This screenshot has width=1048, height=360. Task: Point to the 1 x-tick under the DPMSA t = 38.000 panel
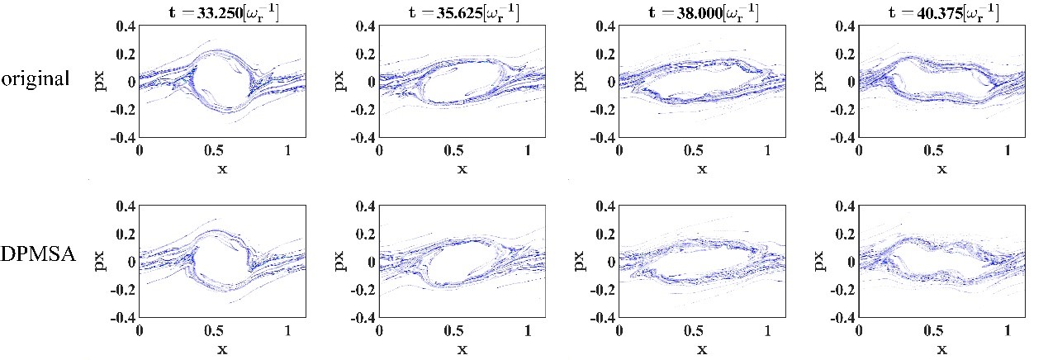769,331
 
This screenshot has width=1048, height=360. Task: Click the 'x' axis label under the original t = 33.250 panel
222,169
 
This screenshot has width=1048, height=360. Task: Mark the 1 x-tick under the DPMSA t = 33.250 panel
289,331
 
